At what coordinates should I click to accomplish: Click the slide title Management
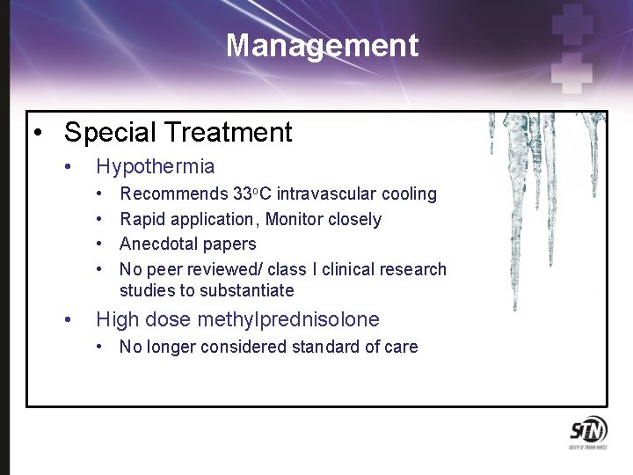pos(322,45)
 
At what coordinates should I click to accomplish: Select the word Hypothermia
pos(155,166)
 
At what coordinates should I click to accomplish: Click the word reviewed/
pos(226,269)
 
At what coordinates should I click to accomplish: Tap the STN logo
pos(586,432)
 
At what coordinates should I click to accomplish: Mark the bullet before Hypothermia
pos(68,167)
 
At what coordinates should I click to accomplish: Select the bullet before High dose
pos(68,320)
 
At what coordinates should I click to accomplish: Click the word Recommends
pos(172,194)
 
